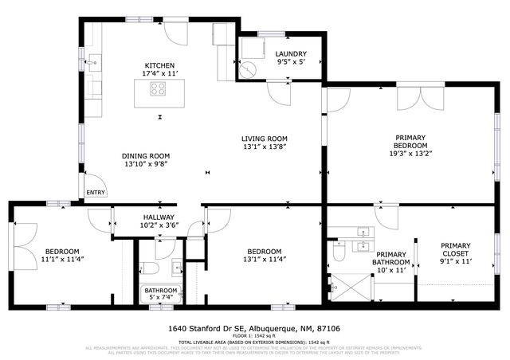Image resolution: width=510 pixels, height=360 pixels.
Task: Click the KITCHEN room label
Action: coord(159,65)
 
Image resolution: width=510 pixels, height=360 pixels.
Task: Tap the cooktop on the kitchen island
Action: coord(159,89)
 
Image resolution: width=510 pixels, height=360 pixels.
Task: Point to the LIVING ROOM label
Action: coord(264,138)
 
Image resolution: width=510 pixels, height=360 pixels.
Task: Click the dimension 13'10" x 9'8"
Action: coord(146,164)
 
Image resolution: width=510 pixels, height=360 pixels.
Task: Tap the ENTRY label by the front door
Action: coord(96,192)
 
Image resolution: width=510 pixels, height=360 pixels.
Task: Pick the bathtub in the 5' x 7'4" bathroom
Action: coord(162,294)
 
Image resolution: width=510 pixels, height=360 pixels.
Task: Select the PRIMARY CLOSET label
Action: coord(455,250)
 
